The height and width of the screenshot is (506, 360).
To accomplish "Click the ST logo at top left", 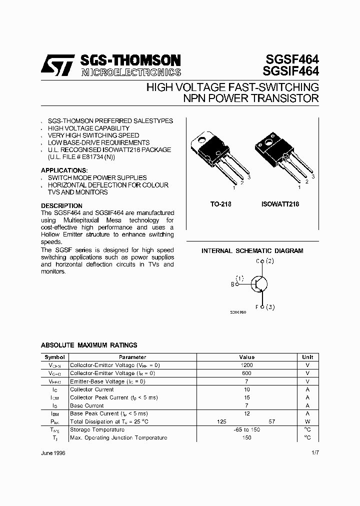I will (x=57, y=65).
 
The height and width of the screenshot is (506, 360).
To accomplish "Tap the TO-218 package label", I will (x=220, y=204).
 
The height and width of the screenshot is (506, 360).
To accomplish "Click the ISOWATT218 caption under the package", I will (x=280, y=204).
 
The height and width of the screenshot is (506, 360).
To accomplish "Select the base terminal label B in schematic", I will (x=232, y=284).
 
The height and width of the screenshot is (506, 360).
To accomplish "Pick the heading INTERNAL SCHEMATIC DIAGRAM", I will (x=252, y=251).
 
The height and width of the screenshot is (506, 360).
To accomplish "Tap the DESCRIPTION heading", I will (x=61, y=206).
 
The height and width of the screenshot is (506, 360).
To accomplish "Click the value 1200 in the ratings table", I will (x=247, y=365).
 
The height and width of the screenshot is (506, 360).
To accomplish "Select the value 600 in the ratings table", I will (x=247, y=373).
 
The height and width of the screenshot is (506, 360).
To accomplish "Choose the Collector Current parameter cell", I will (x=92, y=389).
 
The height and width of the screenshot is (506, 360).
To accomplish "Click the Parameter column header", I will (x=132, y=357).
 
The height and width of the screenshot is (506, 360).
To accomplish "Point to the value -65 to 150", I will (x=247, y=429).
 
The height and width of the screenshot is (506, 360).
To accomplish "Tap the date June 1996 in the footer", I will (x=53, y=453).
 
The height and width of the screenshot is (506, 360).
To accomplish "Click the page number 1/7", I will (x=314, y=453).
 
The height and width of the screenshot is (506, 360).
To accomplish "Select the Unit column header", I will (x=307, y=357).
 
